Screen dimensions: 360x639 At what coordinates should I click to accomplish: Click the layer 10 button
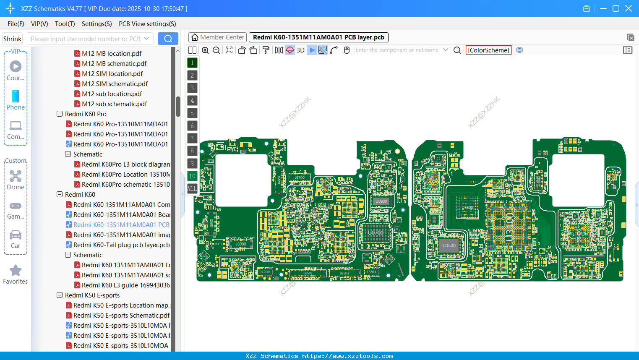(x=192, y=176)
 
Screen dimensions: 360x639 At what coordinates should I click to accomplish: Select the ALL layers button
(x=192, y=189)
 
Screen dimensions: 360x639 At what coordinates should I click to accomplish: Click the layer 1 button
(x=192, y=63)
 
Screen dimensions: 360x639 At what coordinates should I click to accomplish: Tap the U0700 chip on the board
(x=376, y=232)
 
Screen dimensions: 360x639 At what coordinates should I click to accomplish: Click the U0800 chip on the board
(x=381, y=201)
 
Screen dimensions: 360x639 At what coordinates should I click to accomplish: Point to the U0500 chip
(x=449, y=245)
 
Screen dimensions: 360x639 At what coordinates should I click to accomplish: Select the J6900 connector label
(x=241, y=244)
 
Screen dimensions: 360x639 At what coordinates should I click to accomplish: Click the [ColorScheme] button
(x=488, y=50)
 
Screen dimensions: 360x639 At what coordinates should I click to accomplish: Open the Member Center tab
(x=218, y=37)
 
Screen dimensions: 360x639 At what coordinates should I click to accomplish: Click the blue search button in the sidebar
(x=168, y=39)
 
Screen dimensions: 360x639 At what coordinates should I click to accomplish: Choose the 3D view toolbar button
(x=300, y=50)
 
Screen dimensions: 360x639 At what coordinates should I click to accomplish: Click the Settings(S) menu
(x=97, y=24)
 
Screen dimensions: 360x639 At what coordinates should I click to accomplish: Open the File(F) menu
(x=16, y=24)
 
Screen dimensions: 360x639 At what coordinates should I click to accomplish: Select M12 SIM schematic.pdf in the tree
(x=115, y=84)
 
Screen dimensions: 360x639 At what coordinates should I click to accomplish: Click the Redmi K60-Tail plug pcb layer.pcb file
(x=121, y=245)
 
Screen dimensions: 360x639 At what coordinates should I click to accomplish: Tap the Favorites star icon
(x=16, y=271)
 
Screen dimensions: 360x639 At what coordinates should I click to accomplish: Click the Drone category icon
(x=16, y=176)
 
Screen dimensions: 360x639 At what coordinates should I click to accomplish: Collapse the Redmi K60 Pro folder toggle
(x=60, y=114)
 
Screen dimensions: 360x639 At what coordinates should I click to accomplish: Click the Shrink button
(x=12, y=39)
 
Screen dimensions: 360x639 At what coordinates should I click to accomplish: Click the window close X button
(x=629, y=8)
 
